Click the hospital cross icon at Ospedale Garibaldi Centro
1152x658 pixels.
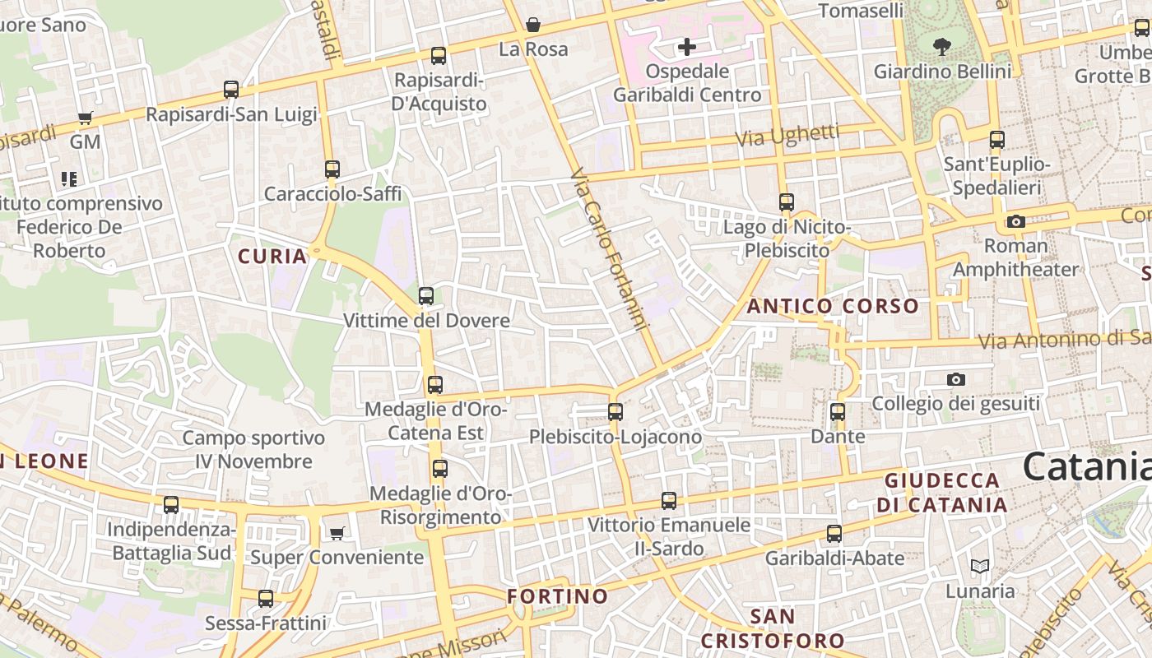687,47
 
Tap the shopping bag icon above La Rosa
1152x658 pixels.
533,25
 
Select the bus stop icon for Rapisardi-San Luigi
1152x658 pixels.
231,90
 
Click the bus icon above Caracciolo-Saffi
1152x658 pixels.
332,169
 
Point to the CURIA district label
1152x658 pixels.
272,256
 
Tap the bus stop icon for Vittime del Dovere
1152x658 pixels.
426,296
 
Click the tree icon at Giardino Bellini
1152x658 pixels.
942,47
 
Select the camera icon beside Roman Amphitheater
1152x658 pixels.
1016,221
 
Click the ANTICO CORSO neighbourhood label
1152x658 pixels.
833,307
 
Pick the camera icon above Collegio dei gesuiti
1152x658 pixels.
955,379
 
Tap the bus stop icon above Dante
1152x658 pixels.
838,412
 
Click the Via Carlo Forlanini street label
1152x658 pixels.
610,249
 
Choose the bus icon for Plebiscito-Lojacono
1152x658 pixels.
615,412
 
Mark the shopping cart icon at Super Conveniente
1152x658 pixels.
337,534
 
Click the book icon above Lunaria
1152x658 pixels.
979,566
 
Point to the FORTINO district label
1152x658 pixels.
558,595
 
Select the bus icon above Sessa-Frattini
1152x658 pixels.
266,599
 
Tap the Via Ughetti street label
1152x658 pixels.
787,136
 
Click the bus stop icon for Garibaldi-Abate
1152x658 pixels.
834,534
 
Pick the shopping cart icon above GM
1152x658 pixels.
85,118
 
